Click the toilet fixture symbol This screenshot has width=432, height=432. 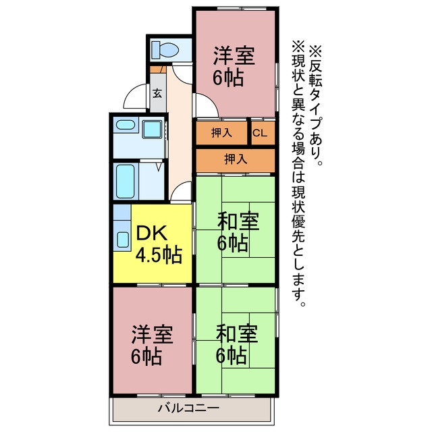[165, 49]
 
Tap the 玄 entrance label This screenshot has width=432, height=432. [157, 93]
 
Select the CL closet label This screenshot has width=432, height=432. [260, 134]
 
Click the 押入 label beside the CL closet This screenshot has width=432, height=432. [221, 133]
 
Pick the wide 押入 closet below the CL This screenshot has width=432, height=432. [236, 160]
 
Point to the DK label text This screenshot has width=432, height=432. [152, 234]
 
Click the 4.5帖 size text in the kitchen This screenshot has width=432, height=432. [159, 255]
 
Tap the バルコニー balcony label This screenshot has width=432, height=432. [189, 408]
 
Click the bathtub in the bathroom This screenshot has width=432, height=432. [126, 182]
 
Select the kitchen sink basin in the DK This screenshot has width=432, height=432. [123, 240]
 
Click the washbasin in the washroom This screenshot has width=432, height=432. [126, 125]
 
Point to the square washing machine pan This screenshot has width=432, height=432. [152, 129]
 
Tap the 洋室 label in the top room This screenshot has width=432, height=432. [234, 56]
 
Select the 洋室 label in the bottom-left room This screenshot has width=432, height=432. [153, 334]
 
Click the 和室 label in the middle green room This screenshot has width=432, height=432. [238, 221]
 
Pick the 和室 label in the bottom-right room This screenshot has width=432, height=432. [237, 333]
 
